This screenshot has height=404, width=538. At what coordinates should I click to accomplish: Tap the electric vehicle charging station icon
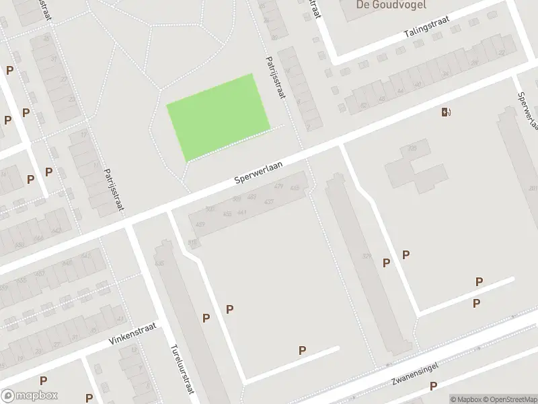coord(446,112)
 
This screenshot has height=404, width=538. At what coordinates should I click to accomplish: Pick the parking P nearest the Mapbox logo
coord(43,380)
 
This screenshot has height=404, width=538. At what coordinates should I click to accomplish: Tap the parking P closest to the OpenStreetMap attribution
coord(434,386)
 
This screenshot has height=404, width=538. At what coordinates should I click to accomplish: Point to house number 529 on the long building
coord(367,256)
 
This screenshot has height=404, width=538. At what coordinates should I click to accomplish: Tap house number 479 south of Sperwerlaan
coord(279,187)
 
